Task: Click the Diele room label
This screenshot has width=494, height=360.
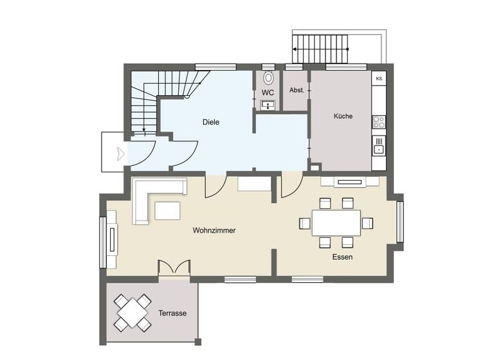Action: (211, 122)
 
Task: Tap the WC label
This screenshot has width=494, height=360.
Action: (268, 93)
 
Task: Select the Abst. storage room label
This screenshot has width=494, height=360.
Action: (296, 91)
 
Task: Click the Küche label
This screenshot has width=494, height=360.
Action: (343, 116)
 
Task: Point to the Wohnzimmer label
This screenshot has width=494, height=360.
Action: (214, 230)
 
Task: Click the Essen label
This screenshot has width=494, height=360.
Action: (342, 256)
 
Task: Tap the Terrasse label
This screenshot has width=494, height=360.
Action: (172, 314)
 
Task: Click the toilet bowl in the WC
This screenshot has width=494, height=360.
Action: (268, 78)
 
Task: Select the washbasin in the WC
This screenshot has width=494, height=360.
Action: (268, 105)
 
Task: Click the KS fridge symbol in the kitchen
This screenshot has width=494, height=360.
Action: (379, 79)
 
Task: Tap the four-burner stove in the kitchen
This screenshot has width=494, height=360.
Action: (379, 122)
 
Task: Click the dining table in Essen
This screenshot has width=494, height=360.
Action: (336, 223)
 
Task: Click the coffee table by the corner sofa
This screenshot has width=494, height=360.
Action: (167, 210)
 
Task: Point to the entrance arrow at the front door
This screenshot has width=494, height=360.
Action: (120, 154)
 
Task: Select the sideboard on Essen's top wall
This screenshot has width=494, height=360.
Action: (350, 181)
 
